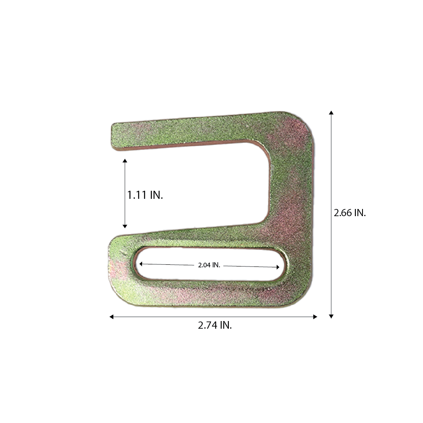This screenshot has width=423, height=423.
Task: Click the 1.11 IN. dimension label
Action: [x=145, y=195]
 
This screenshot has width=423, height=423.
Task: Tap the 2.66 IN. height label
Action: [x=349, y=213]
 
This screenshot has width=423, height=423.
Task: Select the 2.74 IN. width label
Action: [x=214, y=326]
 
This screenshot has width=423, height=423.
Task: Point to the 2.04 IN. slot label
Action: [x=209, y=265]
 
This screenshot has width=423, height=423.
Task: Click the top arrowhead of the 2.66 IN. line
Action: [x=331, y=113]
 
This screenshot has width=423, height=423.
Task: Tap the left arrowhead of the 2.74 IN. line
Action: [x=111, y=316]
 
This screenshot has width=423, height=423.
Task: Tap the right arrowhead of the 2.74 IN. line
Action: [x=315, y=316]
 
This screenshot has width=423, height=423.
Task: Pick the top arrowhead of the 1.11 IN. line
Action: [x=125, y=161]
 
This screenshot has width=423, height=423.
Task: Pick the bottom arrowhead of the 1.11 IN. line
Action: [x=125, y=226]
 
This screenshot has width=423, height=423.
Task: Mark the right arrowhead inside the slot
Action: [x=277, y=267]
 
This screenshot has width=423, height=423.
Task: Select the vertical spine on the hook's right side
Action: [x=292, y=190]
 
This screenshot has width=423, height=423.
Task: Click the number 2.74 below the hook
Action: [x=207, y=326]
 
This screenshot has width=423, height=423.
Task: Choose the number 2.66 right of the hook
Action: [x=343, y=213]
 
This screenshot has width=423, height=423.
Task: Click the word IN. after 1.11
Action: [x=156, y=195]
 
